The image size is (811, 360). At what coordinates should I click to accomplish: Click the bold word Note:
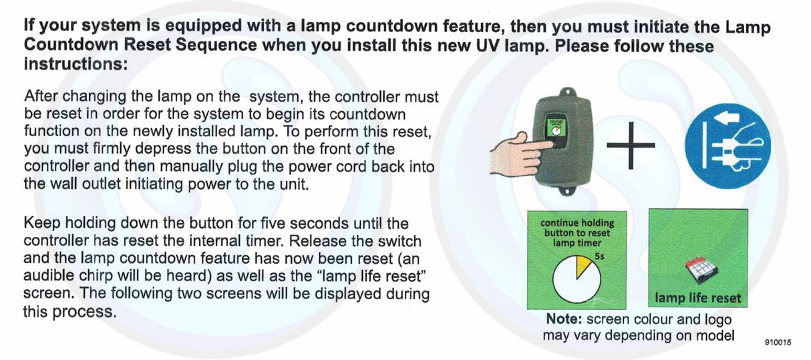(566, 319)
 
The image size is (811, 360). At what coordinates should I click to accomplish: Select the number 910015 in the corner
(778, 342)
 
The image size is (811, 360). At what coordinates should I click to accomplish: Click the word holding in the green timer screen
(596, 223)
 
